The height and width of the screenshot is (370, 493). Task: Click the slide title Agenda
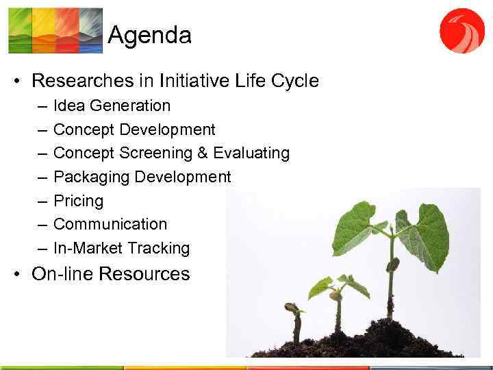point(149,34)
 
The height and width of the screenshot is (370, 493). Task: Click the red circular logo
point(462,30)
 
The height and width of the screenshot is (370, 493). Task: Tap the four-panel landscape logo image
point(55,30)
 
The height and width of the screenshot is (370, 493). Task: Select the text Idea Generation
point(112,106)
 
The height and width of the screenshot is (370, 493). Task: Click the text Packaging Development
point(142,177)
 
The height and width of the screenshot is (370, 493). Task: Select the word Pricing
point(78,201)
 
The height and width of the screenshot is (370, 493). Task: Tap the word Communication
point(110,224)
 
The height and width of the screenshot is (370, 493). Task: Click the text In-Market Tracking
point(121,248)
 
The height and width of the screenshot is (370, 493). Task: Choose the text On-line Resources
point(110,274)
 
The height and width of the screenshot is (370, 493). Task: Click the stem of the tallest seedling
point(391,274)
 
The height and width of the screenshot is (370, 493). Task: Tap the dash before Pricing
point(42,201)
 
